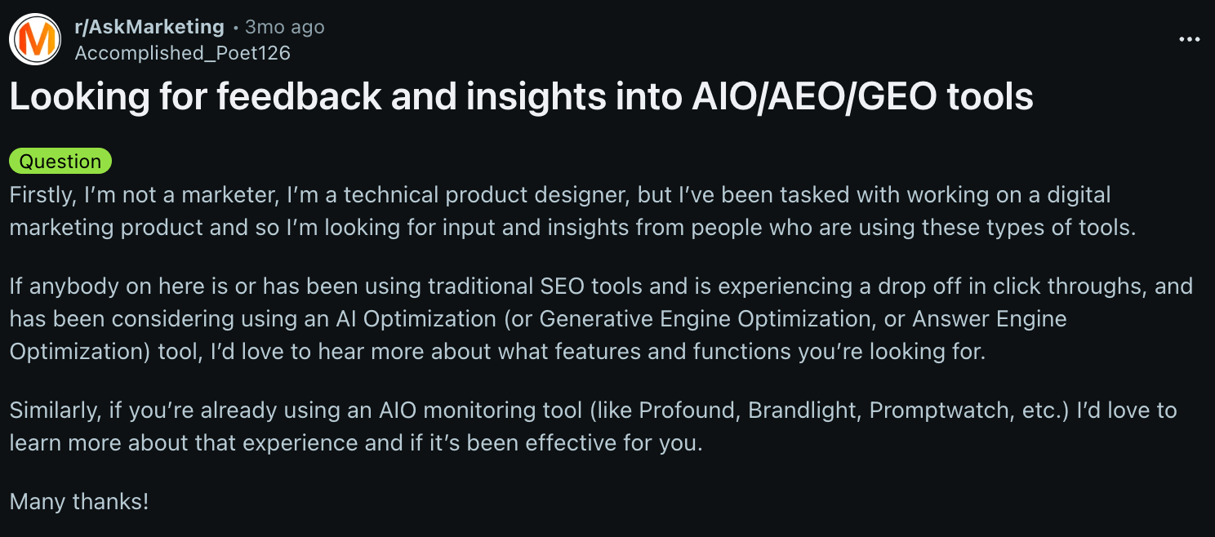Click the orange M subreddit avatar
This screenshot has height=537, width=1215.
point(35,39)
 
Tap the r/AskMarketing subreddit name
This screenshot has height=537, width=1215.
point(149,27)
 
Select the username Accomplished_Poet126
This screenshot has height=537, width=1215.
point(182,53)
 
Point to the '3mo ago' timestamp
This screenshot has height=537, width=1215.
point(285,27)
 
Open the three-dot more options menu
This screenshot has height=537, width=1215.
point(1189,39)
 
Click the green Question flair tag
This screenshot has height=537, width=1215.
point(60,161)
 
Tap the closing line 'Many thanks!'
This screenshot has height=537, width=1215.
point(79,501)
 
